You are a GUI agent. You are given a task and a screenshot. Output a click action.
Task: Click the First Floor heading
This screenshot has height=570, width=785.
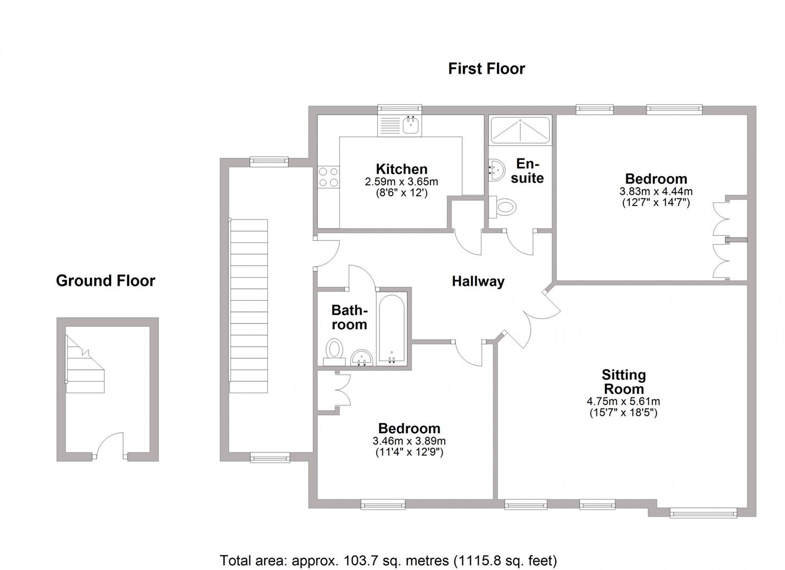486,69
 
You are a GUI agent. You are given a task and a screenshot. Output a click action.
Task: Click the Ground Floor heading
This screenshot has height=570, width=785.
106,281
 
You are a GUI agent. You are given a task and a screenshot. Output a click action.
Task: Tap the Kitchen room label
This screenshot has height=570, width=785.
401,169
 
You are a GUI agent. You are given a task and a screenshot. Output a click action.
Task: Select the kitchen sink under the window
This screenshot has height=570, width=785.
410,125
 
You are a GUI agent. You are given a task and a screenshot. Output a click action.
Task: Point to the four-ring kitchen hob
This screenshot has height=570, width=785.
328,177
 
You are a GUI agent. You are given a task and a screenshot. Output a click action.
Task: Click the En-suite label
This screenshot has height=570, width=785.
527,170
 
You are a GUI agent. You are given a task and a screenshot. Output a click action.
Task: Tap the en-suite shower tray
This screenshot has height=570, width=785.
520,130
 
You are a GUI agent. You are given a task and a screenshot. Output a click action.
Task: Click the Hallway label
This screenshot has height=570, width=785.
478,281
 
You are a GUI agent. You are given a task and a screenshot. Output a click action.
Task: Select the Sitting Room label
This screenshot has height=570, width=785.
623,382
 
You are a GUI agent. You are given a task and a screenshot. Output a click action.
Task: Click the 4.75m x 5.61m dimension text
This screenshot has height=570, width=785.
623,402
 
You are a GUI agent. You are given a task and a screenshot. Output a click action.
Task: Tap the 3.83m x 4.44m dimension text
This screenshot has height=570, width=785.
656,191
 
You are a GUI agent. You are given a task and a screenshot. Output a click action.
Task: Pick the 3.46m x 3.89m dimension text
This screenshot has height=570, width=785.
409,441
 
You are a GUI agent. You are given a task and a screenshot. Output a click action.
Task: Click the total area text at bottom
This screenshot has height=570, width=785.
388,560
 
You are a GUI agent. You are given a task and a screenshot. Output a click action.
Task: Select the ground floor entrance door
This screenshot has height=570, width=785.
110,446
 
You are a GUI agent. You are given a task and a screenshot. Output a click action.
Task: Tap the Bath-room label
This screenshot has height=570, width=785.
349,317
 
